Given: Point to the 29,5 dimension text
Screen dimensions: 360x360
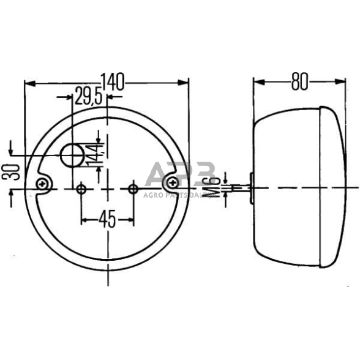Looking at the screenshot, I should click(x=88, y=96).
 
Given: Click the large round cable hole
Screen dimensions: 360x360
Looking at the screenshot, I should click(x=72, y=156).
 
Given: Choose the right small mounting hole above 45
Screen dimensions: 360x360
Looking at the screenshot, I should click(x=133, y=189).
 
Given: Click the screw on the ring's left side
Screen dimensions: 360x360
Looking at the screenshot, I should click(x=42, y=182).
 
